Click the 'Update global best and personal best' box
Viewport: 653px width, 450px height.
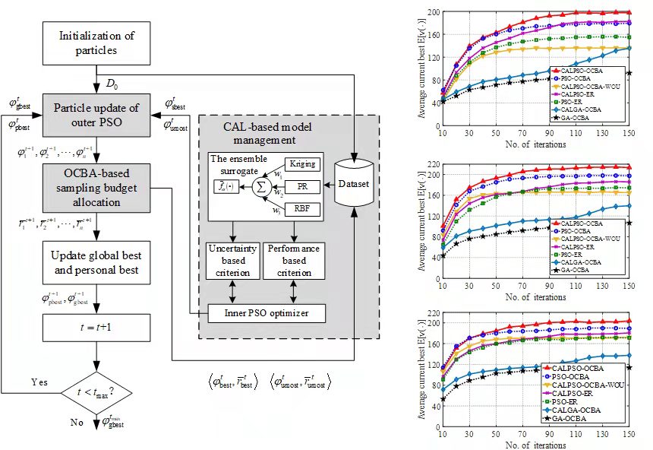[x=96, y=261]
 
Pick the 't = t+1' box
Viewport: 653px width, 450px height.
[x=96, y=328]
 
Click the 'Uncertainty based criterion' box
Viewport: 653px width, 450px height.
[x=232, y=260]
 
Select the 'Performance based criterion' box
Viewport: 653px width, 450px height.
[x=294, y=260]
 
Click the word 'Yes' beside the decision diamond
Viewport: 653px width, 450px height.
[x=39, y=380]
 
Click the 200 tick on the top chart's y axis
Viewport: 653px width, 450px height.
[x=433, y=12]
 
